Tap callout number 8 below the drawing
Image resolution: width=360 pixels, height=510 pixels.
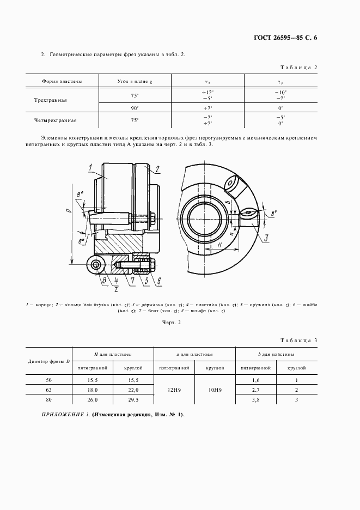[102, 281]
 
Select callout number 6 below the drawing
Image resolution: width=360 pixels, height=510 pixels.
[159, 281]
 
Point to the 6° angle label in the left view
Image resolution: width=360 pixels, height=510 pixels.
[82, 239]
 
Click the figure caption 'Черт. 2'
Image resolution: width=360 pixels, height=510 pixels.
[172, 323]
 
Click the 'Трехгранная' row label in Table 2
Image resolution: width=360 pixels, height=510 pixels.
[62, 101]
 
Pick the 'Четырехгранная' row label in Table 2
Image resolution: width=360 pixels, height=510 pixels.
[62, 120]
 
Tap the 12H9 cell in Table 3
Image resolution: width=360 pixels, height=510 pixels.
[174, 390]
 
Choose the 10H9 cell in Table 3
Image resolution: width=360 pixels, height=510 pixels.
[215, 390]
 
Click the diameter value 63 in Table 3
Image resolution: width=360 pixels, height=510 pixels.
[49, 390]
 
